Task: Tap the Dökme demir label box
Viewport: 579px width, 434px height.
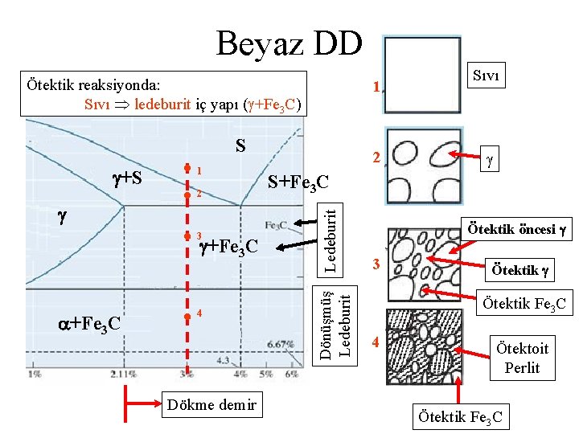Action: pyautogui.click(x=212, y=404)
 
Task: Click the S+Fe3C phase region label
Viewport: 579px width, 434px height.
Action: pyautogui.click(x=296, y=183)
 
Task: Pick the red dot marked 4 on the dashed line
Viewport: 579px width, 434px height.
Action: pyautogui.click(x=186, y=314)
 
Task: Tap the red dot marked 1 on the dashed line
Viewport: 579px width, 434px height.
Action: pyautogui.click(x=186, y=170)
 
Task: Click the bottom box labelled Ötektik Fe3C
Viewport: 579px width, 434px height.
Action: pyautogui.click(x=458, y=416)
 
